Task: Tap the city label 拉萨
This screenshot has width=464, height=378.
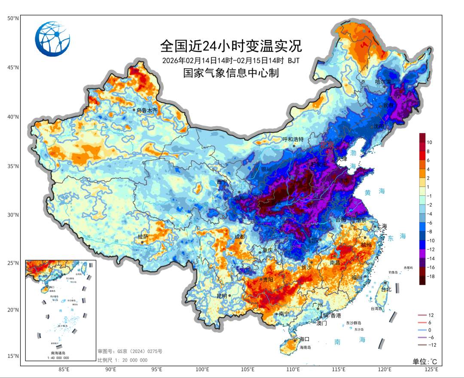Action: (143, 237)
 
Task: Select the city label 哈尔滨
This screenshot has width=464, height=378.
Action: (383, 82)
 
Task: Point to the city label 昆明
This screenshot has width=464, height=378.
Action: (222, 296)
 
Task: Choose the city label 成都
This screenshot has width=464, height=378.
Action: (239, 237)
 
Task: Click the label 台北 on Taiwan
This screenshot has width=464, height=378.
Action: (386, 289)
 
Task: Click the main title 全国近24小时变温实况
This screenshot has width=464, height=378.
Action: (231, 45)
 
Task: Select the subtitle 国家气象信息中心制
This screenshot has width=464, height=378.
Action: (231, 73)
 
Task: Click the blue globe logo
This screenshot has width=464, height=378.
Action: (52, 39)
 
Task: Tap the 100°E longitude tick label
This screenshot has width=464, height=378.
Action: (202, 369)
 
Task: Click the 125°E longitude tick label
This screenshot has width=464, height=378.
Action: (431, 369)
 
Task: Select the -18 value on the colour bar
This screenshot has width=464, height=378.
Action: (431, 277)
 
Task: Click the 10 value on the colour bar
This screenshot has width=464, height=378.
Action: (429, 142)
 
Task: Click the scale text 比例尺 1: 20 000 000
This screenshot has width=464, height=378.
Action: (122, 360)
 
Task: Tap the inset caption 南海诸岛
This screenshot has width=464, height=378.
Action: (60, 353)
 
